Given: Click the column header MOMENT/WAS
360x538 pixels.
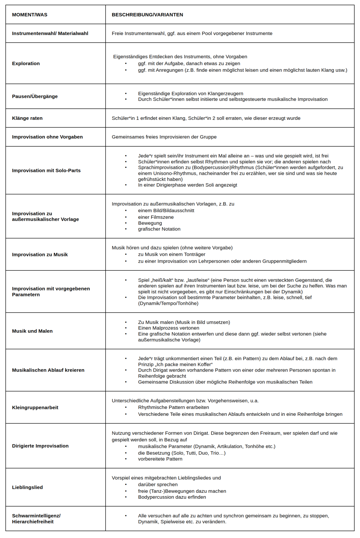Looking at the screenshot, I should [x=29, y=15].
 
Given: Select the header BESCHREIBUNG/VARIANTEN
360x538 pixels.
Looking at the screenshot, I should [x=147, y=15].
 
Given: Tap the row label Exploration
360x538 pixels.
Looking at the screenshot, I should [x=26, y=64].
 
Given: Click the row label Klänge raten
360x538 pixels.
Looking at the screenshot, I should [x=27, y=118].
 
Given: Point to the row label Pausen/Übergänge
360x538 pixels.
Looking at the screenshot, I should [x=35, y=96].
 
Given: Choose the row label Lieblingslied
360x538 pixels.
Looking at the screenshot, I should [x=27, y=487].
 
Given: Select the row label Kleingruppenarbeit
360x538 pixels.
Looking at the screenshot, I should [x=35, y=407].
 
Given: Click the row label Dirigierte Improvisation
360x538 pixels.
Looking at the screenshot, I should [x=40, y=446].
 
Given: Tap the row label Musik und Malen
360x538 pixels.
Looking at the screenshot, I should [x=32, y=331].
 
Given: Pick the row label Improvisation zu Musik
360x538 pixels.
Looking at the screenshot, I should [x=40, y=254].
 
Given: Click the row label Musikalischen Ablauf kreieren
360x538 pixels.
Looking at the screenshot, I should [x=48, y=370].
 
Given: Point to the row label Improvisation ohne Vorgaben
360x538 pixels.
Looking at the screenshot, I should [x=47, y=137].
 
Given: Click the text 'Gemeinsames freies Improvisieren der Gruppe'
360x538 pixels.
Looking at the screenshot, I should [x=164, y=137].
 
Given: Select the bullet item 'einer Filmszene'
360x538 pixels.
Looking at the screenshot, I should [x=156, y=217].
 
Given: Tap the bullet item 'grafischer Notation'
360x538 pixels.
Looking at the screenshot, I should [x=159, y=229].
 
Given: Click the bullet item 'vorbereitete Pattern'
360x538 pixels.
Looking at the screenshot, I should [x=160, y=459].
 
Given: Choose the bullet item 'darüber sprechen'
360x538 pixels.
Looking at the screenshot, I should [x=158, y=484].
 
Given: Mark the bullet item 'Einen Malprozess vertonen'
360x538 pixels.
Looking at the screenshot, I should [x=169, y=328].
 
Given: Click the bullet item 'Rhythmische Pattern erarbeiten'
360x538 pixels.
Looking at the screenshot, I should [x=173, y=407].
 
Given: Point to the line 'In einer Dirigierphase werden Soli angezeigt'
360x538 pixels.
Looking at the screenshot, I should [x=188, y=185].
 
